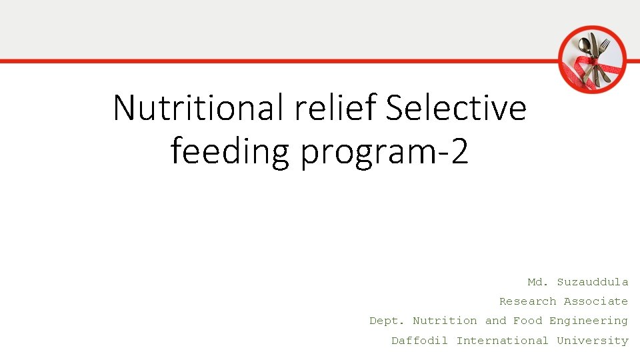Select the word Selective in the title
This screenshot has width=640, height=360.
coord(456,108)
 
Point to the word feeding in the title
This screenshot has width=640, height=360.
coord(230,151)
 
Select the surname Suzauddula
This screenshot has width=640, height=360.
coord(593,282)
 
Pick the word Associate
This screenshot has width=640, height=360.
coord(596,301)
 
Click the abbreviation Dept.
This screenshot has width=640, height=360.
coord(387,321)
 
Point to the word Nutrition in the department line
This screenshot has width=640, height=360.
coord(445,321)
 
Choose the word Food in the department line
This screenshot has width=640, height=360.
coord(527,321)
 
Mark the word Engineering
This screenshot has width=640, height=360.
coord(589,321)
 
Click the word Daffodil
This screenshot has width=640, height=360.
coord(419,341)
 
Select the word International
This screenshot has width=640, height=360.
coord(502,341)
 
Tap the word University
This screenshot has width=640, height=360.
coord(593,341)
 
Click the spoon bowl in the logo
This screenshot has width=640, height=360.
coord(585,46)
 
